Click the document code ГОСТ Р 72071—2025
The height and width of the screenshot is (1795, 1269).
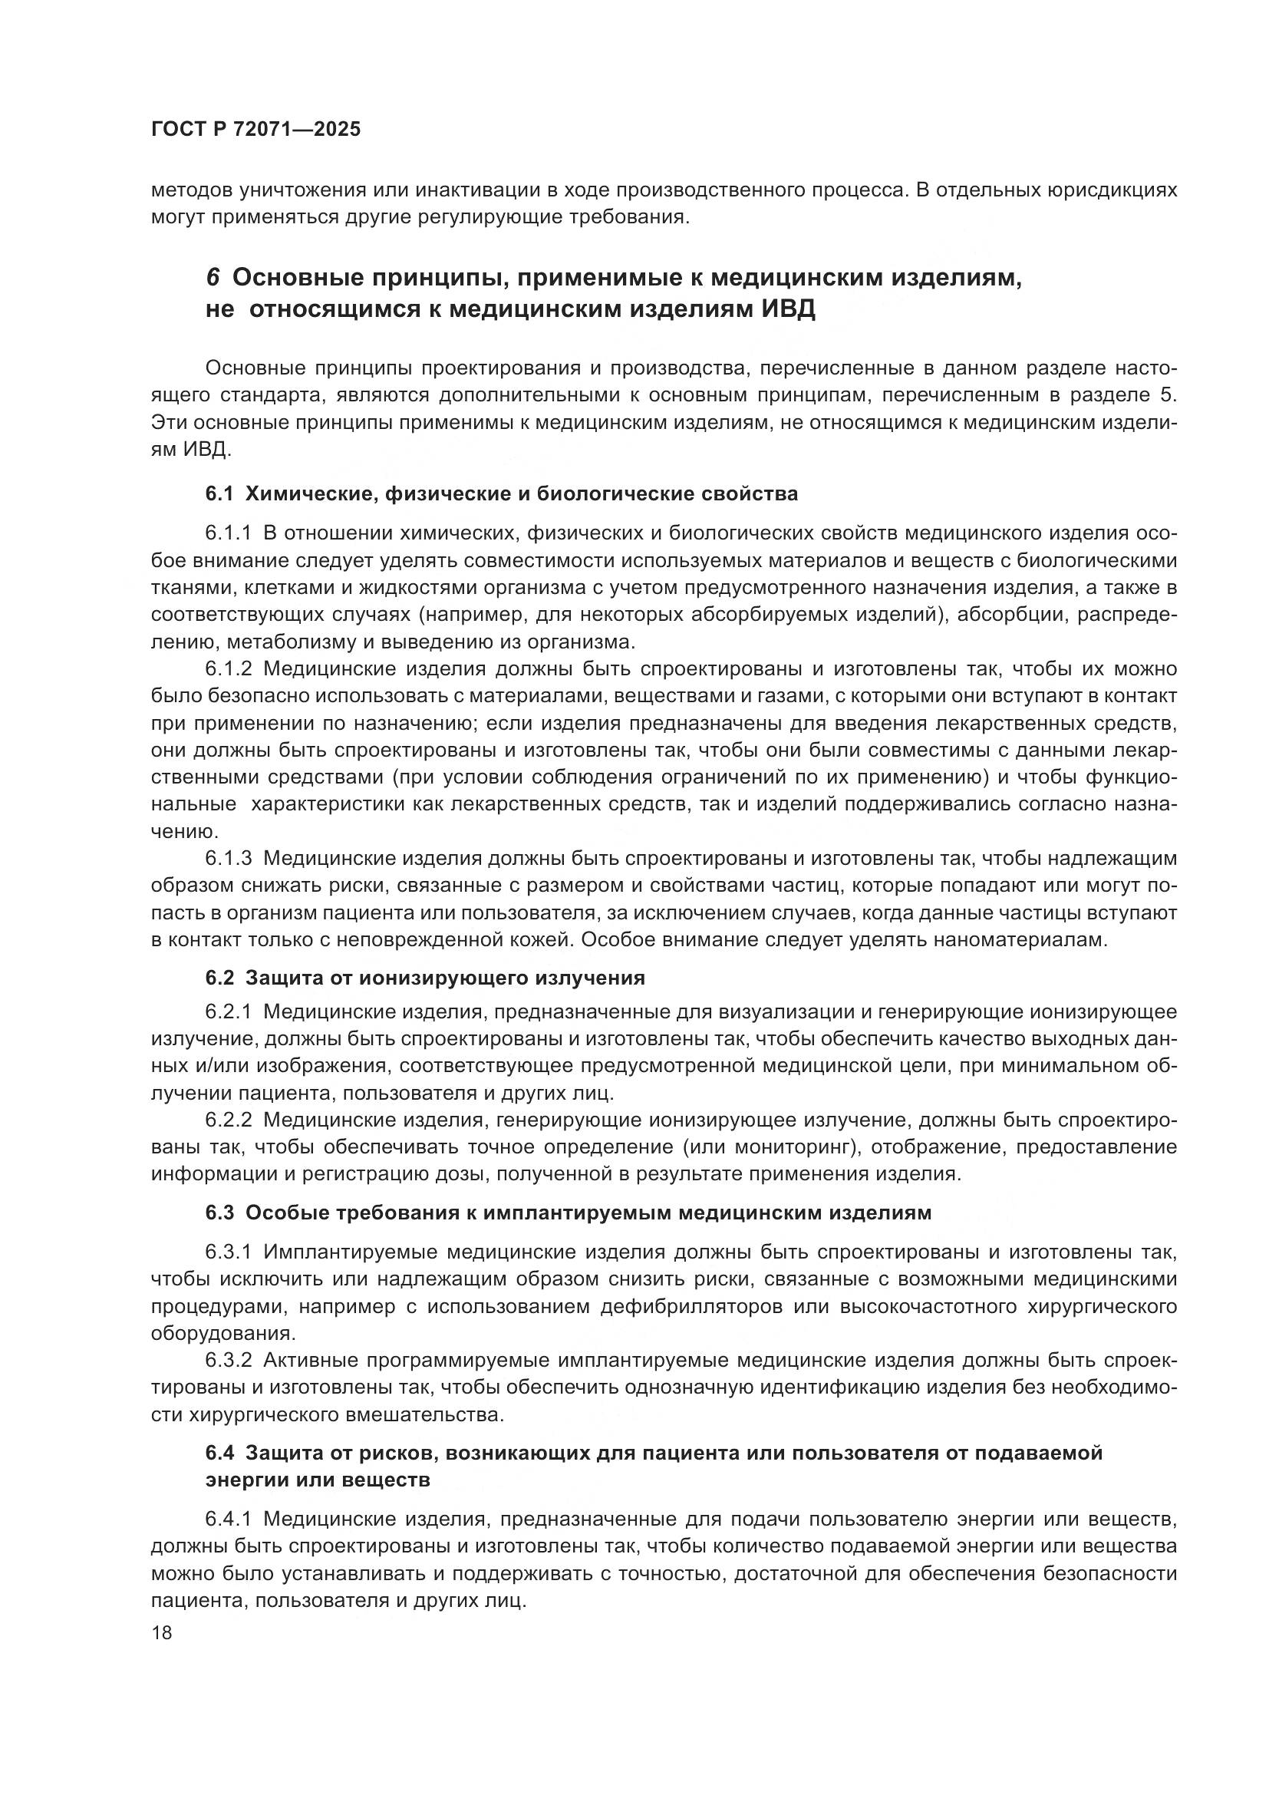[255, 130]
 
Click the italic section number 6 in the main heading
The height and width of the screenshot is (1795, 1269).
[213, 278]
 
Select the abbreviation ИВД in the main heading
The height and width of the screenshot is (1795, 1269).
[787, 309]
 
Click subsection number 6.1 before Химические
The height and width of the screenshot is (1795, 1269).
[219, 494]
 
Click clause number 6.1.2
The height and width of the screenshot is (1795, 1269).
[228, 669]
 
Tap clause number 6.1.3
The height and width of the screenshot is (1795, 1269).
[228, 859]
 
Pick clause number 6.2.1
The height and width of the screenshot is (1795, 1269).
[228, 1011]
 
